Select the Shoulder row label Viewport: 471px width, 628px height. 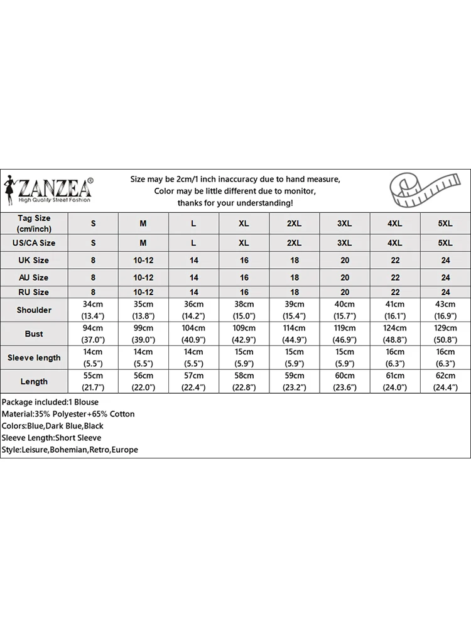(x=34, y=310)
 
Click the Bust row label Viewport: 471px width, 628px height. (x=34, y=334)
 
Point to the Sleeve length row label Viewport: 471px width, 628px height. (x=34, y=358)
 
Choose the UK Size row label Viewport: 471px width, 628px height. (x=34, y=260)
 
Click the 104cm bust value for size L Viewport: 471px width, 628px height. (x=193, y=328)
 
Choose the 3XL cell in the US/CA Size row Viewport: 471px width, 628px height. (x=344, y=242)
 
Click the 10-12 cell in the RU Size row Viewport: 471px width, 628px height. (x=143, y=292)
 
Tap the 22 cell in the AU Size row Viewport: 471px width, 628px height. (x=395, y=277)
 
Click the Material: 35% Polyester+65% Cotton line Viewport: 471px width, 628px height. (x=68, y=414)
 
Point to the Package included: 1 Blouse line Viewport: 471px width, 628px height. (x=50, y=402)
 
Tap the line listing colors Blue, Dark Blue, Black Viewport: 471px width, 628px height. (x=53, y=426)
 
